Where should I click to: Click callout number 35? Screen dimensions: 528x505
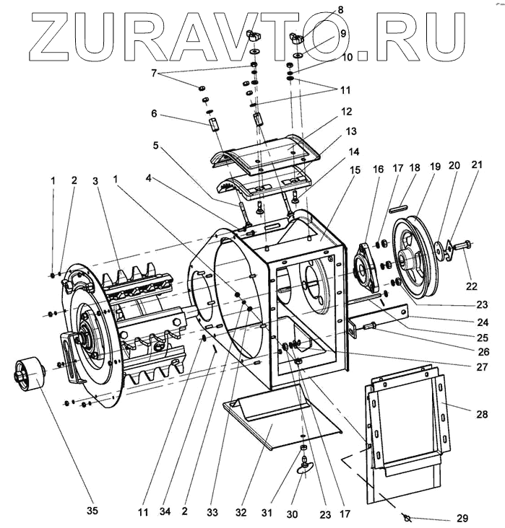[x=91, y=511]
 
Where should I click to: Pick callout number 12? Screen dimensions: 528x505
[x=347, y=112]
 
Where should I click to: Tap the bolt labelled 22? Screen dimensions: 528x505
[x=463, y=244]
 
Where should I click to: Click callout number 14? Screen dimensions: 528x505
[x=353, y=153]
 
